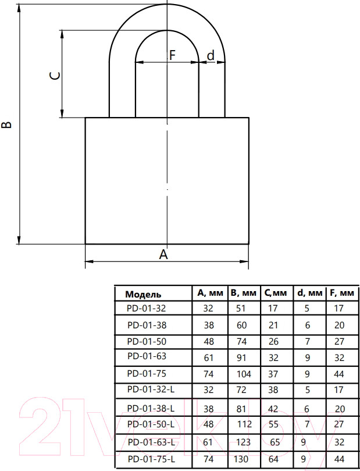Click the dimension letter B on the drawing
[x=6, y=125]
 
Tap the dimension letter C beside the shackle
[x=55, y=76]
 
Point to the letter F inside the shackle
[x=172, y=55]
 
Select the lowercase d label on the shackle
[x=211, y=55]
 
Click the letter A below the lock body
[x=163, y=254]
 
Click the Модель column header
[x=143, y=294]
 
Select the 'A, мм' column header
[x=211, y=293]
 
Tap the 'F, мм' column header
[x=342, y=293]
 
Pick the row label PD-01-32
[x=147, y=308]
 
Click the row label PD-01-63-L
[x=151, y=442]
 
